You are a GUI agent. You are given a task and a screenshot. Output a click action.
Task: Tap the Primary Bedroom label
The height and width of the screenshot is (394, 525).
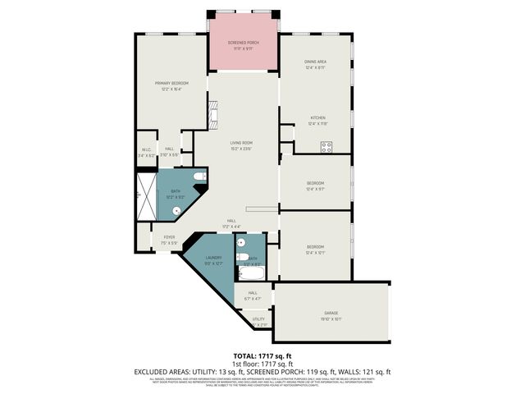point(173,83)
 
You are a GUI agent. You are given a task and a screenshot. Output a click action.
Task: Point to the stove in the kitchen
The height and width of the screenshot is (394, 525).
point(326,147)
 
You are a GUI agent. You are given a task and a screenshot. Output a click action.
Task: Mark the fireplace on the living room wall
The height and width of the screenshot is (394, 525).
point(212,116)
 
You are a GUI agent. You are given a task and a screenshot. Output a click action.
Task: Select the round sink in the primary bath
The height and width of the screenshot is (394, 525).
point(176,210)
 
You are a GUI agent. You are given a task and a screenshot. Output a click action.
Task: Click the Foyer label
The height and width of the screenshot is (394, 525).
point(169,237)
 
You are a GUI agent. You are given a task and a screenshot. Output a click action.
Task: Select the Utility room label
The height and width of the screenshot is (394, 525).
point(258,318)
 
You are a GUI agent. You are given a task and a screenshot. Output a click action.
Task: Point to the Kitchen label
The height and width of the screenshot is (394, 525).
point(317,118)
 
